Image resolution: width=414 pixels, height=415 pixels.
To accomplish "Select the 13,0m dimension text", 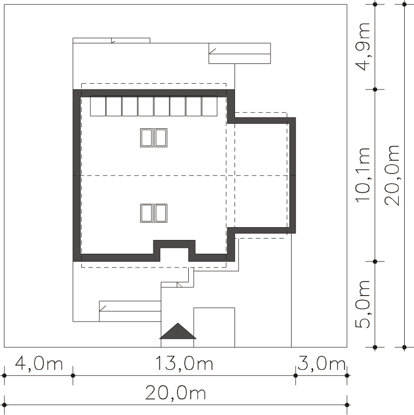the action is pyautogui.click(x=184, y=363).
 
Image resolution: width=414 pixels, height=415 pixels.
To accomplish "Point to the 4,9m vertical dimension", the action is pyautogui.click(x=362, y=47).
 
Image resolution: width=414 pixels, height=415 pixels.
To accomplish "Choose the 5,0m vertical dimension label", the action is pyautogui.click(x=362, y=304).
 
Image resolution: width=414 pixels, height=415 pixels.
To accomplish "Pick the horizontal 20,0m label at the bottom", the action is pyautogui.click(x=176, y=393).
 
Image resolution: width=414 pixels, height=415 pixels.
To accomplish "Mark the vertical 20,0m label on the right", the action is pyautogui.click(x=392, y=175).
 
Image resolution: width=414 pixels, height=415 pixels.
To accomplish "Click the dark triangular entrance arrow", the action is pyautogui.click(x=178, y=331).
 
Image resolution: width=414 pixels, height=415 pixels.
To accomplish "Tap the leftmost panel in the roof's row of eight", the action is pyautogui.click(x=98, y=106).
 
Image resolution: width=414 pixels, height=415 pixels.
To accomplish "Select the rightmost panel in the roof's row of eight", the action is pyautogui.click(x=209, y=106).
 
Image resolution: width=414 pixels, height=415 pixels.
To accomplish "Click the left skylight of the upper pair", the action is pyautogui.click(x=147, y=138).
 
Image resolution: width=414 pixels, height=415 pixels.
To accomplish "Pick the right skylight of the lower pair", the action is pyautogui.click(x=160, y=213).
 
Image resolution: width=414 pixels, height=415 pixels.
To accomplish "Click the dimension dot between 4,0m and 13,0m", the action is pyautogui.click(x=73, y=376).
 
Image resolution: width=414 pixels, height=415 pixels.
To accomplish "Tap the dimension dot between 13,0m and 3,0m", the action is pyautogui.click(x=296, y=376).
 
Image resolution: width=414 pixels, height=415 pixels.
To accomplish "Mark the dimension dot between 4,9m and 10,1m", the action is pyautogui.click(x=375, y=89).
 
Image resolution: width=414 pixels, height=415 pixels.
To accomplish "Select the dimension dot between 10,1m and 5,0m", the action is pyautogui.click(x=375, y=262).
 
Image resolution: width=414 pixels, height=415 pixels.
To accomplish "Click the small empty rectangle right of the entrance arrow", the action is pyautogui.click(x=214, y=327).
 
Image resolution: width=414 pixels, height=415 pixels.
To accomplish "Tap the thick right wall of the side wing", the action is pyautogui.click(x=292, y=175).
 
